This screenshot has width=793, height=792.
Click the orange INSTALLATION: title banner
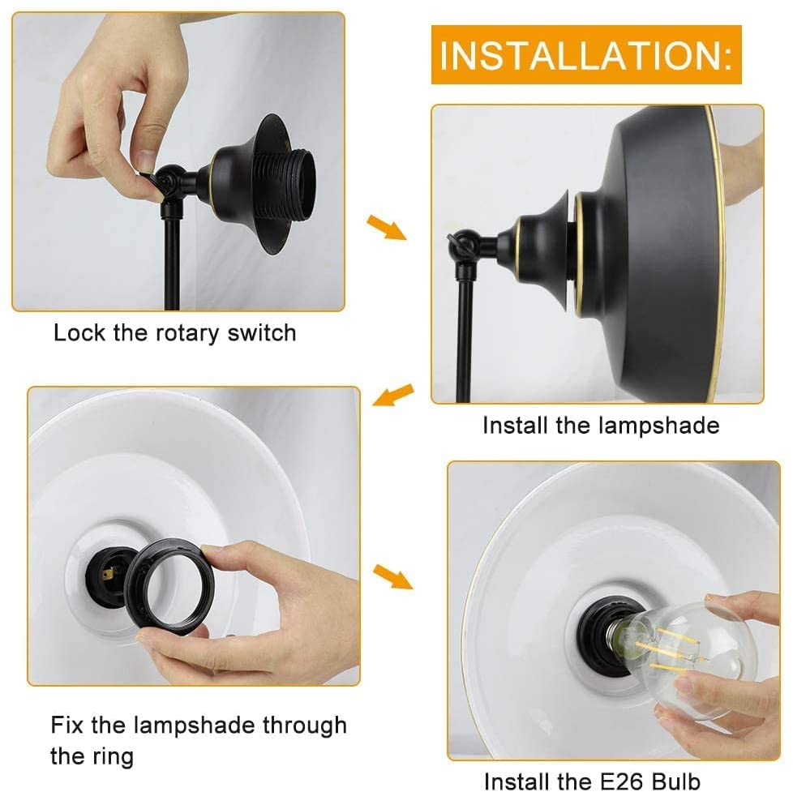586,54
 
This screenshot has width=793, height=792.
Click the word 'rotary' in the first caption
187,334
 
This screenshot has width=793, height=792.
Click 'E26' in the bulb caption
623,781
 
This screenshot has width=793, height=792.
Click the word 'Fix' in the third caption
67,725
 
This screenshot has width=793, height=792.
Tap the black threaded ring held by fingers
169,587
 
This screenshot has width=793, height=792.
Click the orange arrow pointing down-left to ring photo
393,395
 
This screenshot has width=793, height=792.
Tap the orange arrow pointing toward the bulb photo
393,577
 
